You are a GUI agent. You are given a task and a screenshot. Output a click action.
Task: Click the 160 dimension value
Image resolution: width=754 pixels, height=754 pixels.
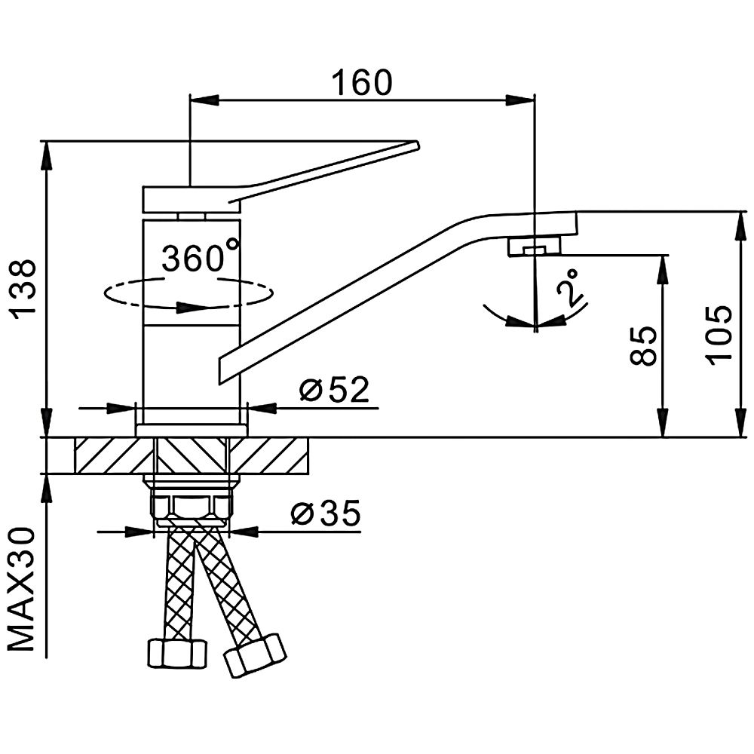tap(363, 82)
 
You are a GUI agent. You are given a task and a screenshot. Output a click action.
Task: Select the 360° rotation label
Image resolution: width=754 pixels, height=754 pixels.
tap(201, 259)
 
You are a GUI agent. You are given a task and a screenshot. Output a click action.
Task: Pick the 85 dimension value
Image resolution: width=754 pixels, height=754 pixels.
tap(643, 346)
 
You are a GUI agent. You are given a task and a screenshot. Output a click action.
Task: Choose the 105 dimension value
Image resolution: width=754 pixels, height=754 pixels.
tap(719, 334)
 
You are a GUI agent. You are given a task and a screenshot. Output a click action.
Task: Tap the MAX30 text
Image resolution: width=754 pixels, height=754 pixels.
tap(23, 588)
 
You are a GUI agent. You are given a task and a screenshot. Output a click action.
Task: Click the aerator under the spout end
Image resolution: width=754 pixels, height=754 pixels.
tap(534, 246)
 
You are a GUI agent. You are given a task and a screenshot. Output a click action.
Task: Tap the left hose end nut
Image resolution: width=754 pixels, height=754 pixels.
tap(176, 653)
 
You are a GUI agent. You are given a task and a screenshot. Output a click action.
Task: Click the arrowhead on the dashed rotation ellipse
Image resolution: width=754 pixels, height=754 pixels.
tap(192, 307)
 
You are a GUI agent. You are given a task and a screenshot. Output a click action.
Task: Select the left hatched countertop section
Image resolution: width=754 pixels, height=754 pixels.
tap(113, 455)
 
